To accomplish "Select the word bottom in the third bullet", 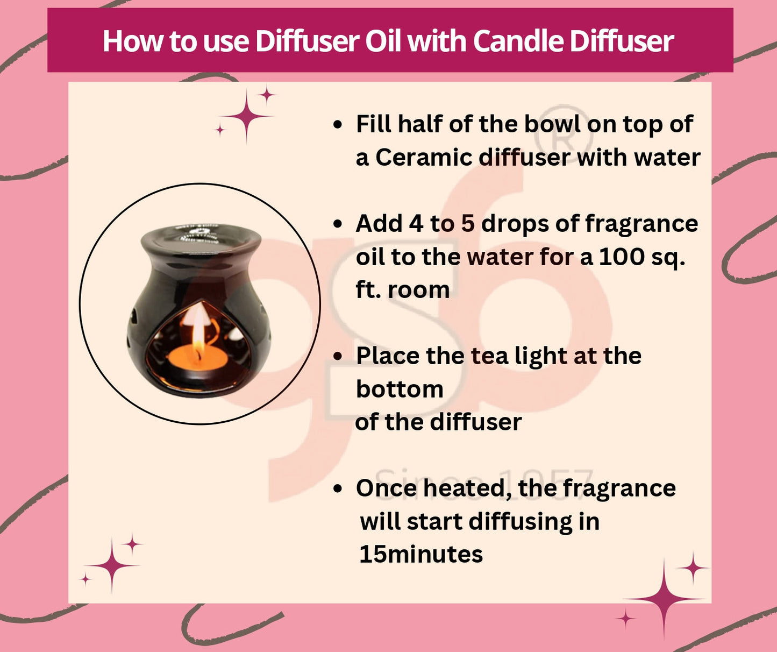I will coord(400,389).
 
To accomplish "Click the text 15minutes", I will coord(421,554).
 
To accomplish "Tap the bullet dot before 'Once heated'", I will coord(338,489).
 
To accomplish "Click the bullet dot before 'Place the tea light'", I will coord(338,357).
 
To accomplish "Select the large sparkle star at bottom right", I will coord(664,598).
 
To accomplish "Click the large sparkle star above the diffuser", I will coord(246,116).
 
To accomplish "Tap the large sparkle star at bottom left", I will coord(111,565).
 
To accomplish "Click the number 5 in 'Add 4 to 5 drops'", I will coord(467,224).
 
